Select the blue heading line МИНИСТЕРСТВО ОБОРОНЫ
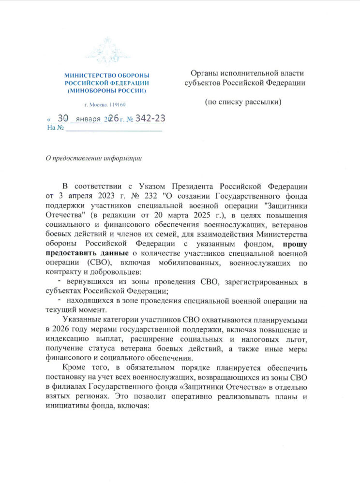click(107, 76)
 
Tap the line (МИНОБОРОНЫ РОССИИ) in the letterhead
click(107, 90)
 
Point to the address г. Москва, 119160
click(105, 105)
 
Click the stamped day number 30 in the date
click(63, 118)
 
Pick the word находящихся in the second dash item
click(92, 301)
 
